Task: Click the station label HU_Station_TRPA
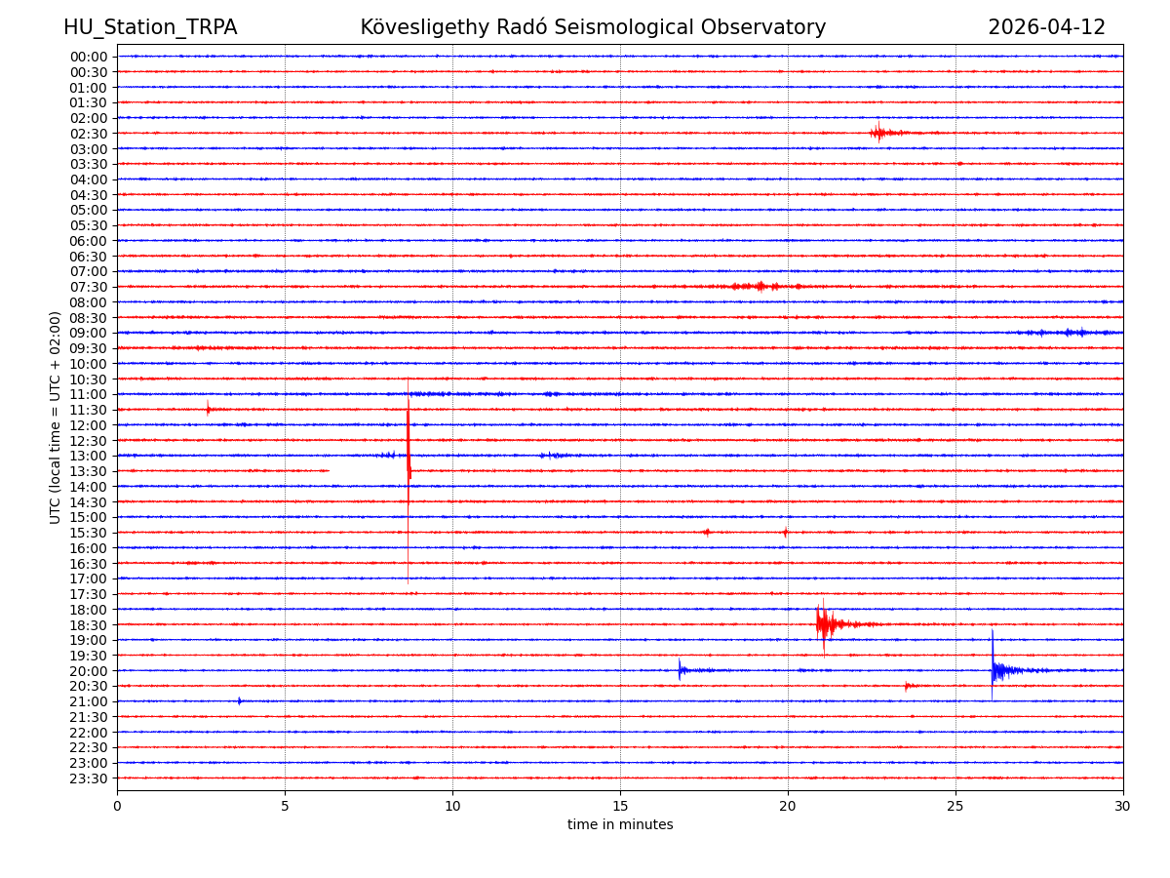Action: (x=150, y=27)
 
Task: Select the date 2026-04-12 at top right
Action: (x=1046, y=27)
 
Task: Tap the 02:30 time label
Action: (x=89, y=134)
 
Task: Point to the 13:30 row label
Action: (x=89, y=471)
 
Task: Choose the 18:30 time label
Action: (x=89, y=624)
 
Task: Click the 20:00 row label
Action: (x=89, y=671)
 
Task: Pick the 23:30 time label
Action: (x=89, y=778)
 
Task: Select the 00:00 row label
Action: (x=89, y=57)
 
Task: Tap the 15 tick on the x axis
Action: (x=620, y=807)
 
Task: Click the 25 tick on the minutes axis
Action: (x=955, y=807)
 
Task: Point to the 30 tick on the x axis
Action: (x=1123, y=807)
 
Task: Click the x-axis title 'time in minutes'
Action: (x=620, y=825)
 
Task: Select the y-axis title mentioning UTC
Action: (x=56, y=418)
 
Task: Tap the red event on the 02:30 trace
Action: (x=879, y=133)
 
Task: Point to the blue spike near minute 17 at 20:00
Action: (x=680, y=669)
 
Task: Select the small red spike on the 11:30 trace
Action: (x=208, y=409)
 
